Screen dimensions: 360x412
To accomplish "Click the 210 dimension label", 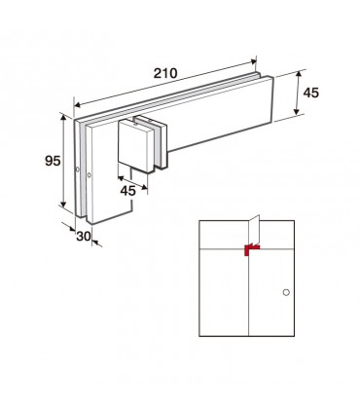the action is click(x=165, y=73).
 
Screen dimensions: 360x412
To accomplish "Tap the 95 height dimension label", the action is click(x=53, y=161).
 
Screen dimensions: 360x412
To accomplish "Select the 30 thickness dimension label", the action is click(x=84, y=237).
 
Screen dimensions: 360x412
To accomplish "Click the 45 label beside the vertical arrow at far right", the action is click(x=311, y=93).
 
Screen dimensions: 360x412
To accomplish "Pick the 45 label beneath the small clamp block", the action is click(x=127, y=191).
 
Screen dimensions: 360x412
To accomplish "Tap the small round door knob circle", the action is click(x=286, y=292).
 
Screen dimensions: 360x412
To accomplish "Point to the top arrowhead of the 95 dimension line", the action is click(x=63, y=117).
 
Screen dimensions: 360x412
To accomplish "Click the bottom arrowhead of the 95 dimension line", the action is click(x=63, y=204).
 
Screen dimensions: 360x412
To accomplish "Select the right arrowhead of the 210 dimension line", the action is click(x=253, y=61).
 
